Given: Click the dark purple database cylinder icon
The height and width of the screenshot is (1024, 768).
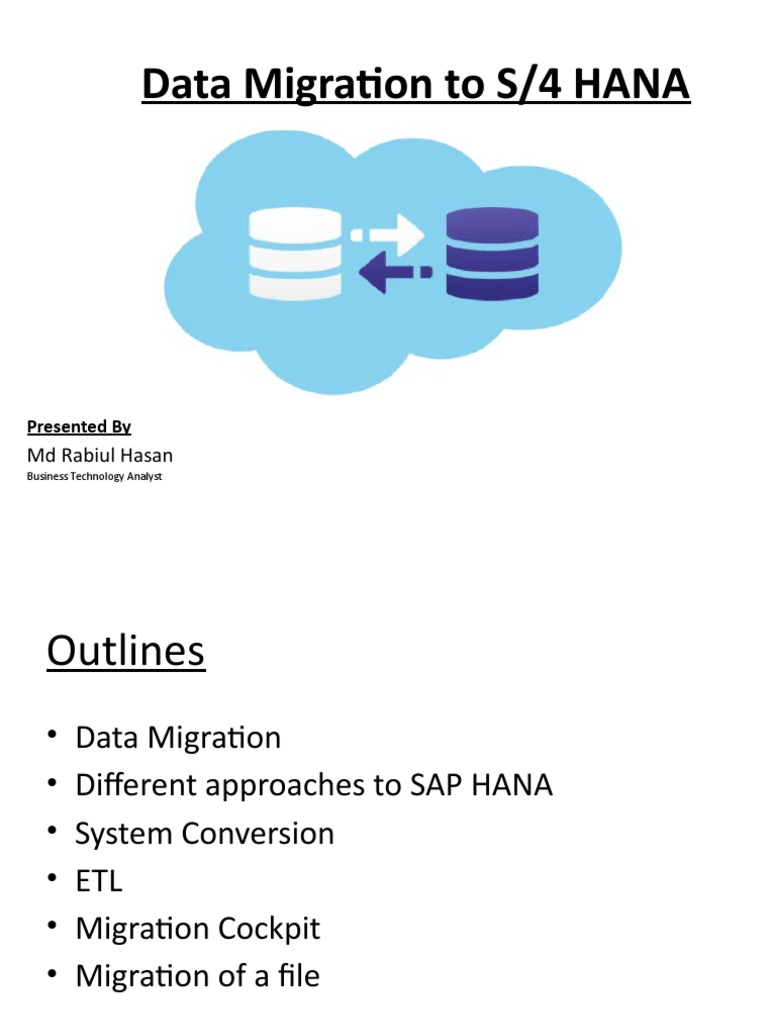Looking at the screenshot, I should coord(492,254).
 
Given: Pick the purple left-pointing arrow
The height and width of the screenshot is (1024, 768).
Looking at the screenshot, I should coord(395,272).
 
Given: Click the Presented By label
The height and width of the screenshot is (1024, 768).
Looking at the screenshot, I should coord(79,427).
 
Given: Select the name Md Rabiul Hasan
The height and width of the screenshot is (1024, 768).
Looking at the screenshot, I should coord(99,456).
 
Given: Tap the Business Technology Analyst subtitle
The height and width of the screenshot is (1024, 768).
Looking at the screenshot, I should coord(94,477).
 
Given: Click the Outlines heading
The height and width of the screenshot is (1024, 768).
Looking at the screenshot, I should coord(125,652).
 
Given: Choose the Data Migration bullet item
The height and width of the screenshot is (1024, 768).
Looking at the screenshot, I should coord(178,738).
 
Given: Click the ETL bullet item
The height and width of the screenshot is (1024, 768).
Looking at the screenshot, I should coord(99,881).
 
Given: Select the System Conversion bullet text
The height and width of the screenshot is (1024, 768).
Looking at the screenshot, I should coord(205,833).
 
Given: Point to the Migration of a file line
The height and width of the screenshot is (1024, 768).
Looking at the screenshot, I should coord(197,975).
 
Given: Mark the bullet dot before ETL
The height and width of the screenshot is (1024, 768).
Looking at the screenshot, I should coord(51,881).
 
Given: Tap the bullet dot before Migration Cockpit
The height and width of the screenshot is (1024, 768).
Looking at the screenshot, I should coord(51,928).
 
